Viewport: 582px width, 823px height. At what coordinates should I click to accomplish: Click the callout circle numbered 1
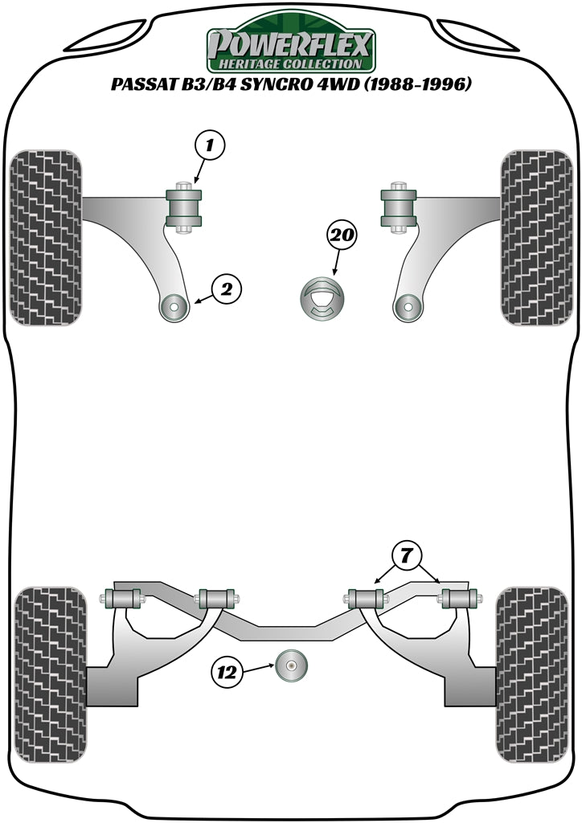210,146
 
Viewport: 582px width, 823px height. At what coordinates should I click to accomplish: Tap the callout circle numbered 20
341,235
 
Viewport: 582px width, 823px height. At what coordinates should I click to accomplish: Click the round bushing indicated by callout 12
292,665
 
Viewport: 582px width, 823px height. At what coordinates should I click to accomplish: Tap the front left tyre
47,237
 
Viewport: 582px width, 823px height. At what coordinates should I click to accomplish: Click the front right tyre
535,237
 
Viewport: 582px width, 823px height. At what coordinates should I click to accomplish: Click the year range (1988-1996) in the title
416,85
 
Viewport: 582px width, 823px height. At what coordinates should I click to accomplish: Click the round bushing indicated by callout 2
172,306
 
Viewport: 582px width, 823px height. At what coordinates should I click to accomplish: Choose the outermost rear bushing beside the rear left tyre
121,599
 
